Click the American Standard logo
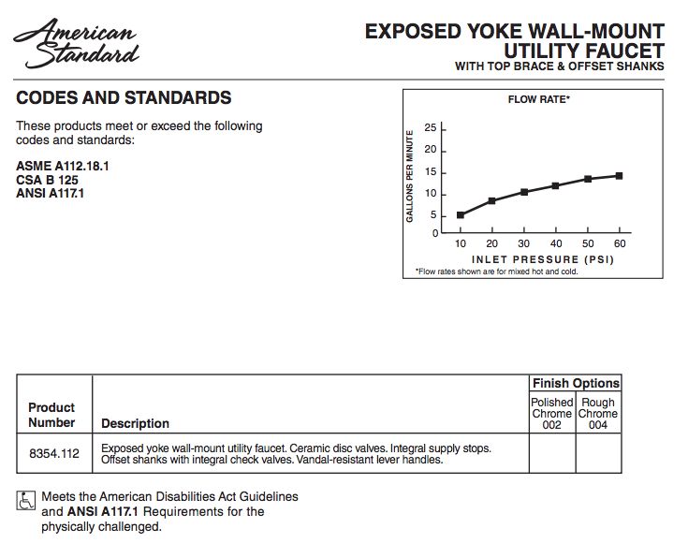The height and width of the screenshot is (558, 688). tap(77, 44)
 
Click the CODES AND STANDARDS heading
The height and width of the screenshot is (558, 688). tap(124, 98)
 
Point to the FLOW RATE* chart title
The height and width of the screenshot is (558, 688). tap(538, 99)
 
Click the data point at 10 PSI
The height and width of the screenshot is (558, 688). tap(461, 215)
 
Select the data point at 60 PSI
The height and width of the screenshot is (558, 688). tap(619, 176)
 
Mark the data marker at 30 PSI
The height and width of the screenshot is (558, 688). tap(524, 192)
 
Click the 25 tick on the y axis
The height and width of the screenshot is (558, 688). tap(430, 127)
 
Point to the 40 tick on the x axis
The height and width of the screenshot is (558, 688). tap(556, 243)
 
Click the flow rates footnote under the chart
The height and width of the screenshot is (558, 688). tap(497, 272)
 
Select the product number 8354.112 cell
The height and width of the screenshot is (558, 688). tap(54, 454)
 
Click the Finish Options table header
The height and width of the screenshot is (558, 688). tap(576, 383)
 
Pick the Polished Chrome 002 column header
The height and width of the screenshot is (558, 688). tap(552, 413)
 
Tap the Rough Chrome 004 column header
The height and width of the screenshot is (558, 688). tap(598, 413)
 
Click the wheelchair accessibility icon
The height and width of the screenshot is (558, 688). tap(26, 499)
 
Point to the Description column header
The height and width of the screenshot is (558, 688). tap(136, 423)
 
